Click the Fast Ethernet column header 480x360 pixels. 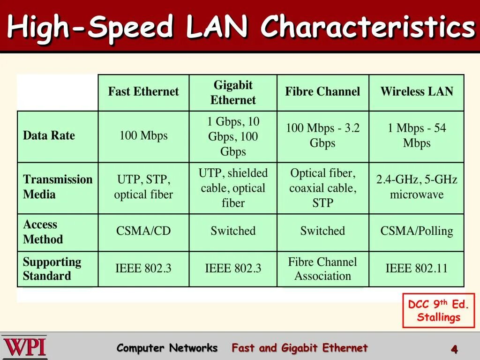coord(143,91)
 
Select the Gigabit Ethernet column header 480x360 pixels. coord(233,92)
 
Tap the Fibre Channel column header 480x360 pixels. coord(322,91)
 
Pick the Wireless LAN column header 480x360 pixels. coord(417,91)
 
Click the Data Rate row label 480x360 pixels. coord(49,136)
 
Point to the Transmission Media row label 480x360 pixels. coord(58,187)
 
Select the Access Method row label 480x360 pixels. coord(43,232)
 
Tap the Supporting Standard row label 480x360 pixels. coord(52,269)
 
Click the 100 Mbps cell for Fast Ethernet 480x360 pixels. coord(143,136)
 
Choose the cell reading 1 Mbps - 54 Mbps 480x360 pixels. coord(417,135)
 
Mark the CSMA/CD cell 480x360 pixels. coord(143,231)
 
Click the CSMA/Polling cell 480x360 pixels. coord(417,231)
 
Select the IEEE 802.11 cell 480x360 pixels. coord(417,269)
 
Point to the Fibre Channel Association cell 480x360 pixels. coord(322,269)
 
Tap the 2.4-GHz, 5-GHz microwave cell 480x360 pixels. coord(417,187)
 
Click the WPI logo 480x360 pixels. coord(24,347)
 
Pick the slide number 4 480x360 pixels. coord(454,349)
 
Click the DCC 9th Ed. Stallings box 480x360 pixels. coord(438,310)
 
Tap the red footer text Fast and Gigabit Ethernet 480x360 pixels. coord(300,348)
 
